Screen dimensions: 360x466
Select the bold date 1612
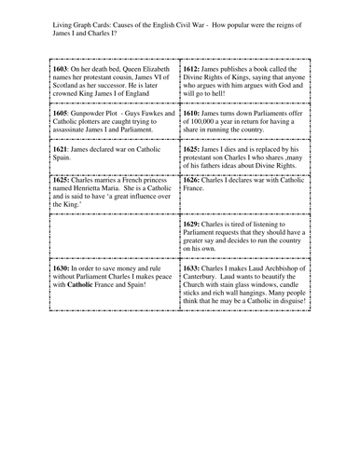pos(192,70)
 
